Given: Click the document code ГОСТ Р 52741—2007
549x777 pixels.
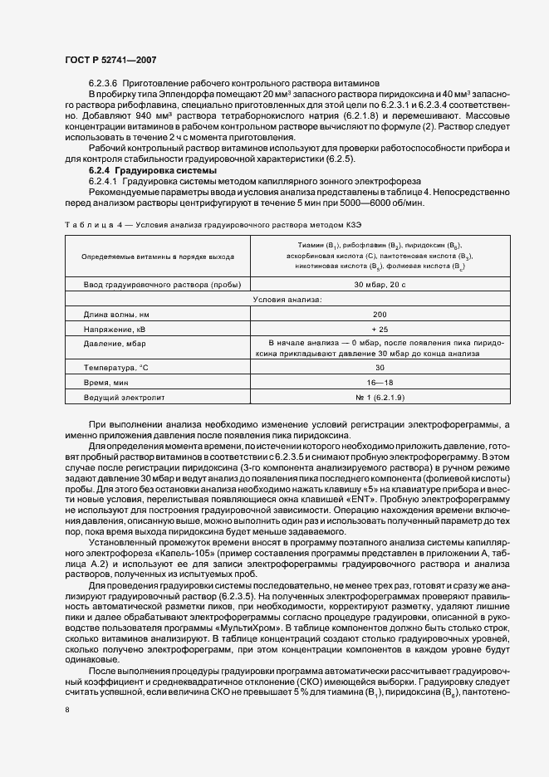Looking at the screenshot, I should tap(110, 61).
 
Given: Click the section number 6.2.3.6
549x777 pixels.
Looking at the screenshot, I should tap(104, 85).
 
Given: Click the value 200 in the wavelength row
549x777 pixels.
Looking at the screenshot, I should tap(380, 315).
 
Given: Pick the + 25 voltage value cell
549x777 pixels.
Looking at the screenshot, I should tap(380, 330).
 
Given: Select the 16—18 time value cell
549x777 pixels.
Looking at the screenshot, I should tap(380, 382).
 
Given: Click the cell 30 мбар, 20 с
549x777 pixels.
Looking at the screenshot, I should tap(380, 285).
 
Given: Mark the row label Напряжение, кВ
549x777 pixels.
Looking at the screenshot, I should tap(115, 330).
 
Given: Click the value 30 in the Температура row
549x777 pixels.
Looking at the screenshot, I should tap(380, 367).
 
